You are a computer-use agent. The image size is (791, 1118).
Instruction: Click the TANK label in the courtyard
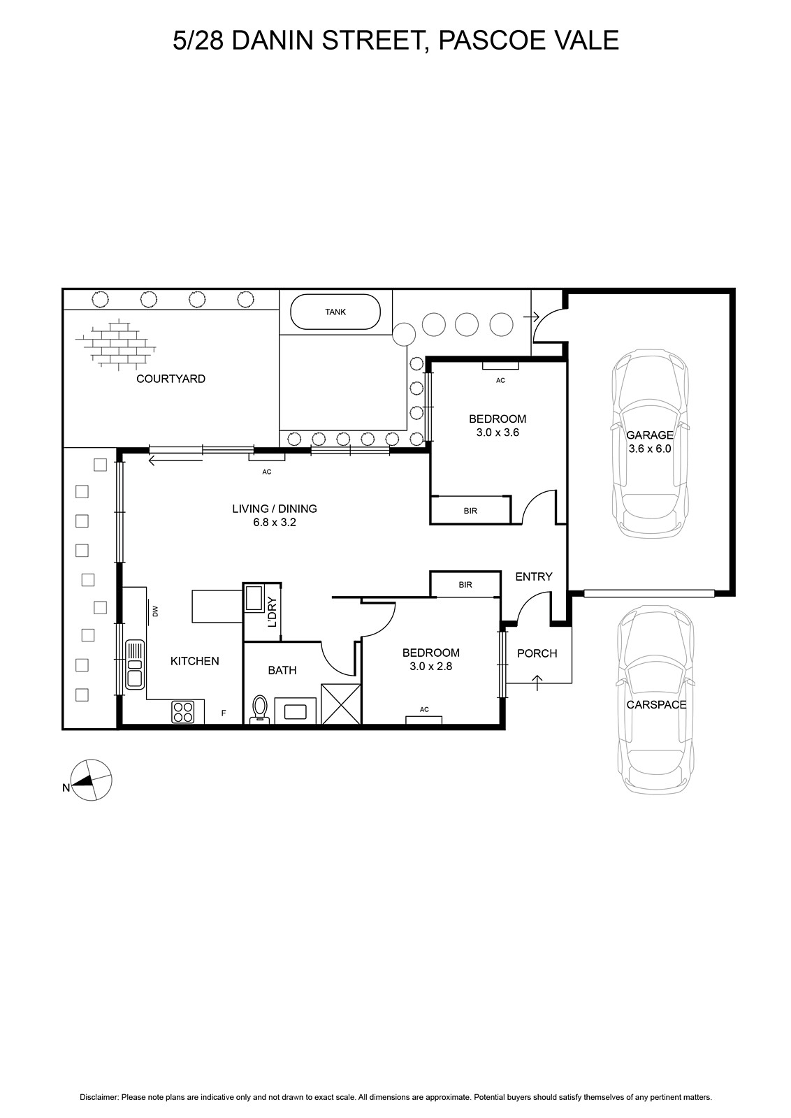[x=335, y=312]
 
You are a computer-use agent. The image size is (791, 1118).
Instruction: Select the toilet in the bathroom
[x=259, y=709]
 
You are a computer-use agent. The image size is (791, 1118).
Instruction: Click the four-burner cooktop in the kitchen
[x=182, y=712]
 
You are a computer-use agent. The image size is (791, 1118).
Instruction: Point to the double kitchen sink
[x=134, y=665]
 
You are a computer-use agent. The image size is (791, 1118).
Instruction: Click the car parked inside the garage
[x=651, y=443]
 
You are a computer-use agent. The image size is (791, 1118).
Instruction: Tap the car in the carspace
[x=655, y=699]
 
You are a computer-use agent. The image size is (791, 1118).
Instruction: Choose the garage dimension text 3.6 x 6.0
[x=650, y=449]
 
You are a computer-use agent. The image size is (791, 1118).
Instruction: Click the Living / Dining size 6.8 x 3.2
[x=275, y=523]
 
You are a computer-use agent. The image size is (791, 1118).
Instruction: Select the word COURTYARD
[x=170, y=379]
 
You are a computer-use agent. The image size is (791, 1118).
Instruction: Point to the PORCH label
[x=537, y=653]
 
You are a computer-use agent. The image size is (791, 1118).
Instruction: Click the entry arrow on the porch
[x=537, y=683]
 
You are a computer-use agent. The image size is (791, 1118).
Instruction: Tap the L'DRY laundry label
[x=273, y=611]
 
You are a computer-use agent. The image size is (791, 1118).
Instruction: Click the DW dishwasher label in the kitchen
[x=154, y=611]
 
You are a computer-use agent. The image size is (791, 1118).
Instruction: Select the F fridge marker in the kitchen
[x=224, y=713]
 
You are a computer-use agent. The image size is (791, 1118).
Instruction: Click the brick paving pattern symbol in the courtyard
[x=115, y=345]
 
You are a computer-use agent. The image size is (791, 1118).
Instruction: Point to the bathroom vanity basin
[x=295, y=711]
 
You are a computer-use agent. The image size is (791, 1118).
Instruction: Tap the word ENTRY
[x=534, y=576]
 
